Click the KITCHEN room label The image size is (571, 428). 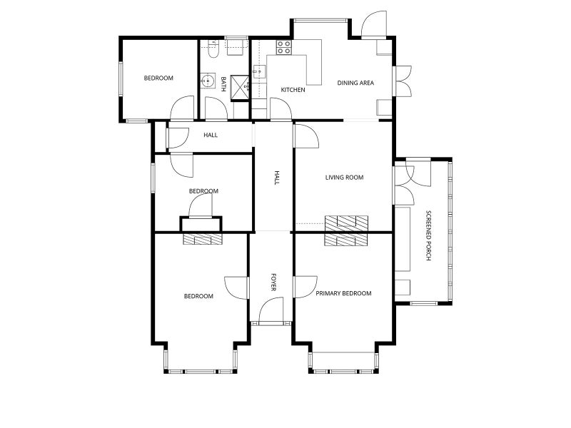(x=293, y=90)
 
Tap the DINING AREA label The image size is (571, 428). (x=355, y=83)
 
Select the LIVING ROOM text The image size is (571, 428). (x=344, y=177)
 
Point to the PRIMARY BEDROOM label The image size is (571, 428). (x=343, y=293)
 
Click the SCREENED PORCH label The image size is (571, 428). (x=429, y=235)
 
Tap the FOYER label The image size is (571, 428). (x=273, y=282)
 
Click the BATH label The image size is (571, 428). (x=223, y=83)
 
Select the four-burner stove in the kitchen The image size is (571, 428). (x=283, y=47)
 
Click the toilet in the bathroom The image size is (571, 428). (x=213, y=49)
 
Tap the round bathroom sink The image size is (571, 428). (x=208, y=81)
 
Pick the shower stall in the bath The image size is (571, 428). (x=240, y=87)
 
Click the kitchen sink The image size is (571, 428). (x=259, y=71)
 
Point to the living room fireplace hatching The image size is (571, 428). (x=346, y=223)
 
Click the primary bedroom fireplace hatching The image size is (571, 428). (x=346, y=240)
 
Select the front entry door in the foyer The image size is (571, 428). (x=271, y=310)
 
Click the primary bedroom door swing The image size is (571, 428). (x=305, y=287)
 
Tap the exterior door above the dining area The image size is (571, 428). (x=373, y=24)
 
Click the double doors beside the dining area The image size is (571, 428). (x=403, y=81)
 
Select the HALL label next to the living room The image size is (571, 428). (x=276, y=178)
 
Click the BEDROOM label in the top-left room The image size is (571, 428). (x=158, y=78)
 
